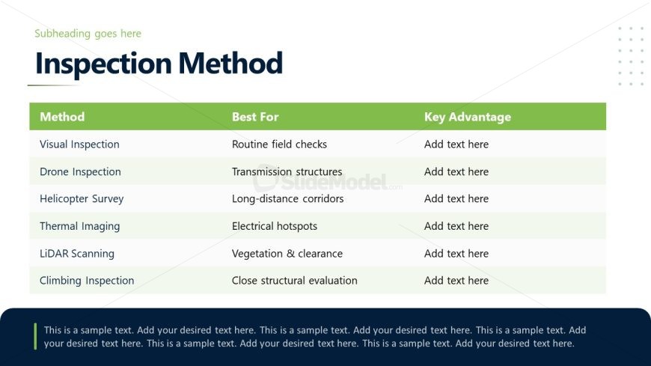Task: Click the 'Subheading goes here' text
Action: click(88, 34)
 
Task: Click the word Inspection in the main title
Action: click(103, 64)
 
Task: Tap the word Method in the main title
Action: click(230, 63)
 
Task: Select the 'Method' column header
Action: click(62, 117)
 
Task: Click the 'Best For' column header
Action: click(255, 117)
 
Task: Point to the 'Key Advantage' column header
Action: click(468, 118)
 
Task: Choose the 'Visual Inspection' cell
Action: click(79, 144)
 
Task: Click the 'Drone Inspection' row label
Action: click(80, 172)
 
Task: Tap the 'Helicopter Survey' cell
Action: click(82, 199)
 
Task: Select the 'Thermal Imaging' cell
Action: click(80, 227)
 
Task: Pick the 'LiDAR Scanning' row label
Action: click(77, 254)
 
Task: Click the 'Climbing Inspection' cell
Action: click(87, 281)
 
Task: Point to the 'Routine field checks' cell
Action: click(279, 144)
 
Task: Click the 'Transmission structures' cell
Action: click(287, 171)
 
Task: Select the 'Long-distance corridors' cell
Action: click(288, 199)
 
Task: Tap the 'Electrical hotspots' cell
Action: click(275, 227)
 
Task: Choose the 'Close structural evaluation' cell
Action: click(294, 281)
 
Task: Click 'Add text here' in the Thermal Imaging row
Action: click(456, 226)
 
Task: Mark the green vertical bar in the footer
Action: click(35, 336)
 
